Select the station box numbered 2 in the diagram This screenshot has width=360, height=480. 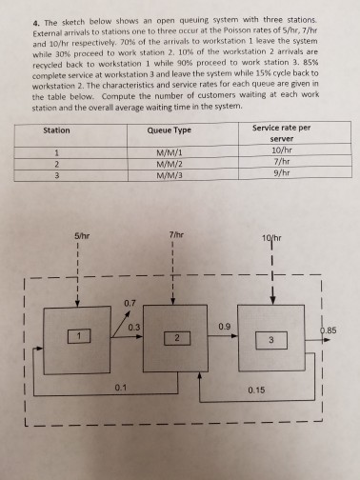176,337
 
